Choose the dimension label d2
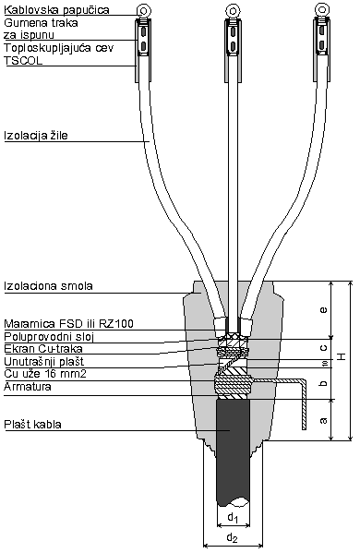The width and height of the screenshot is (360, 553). click(x=233, y=536)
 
